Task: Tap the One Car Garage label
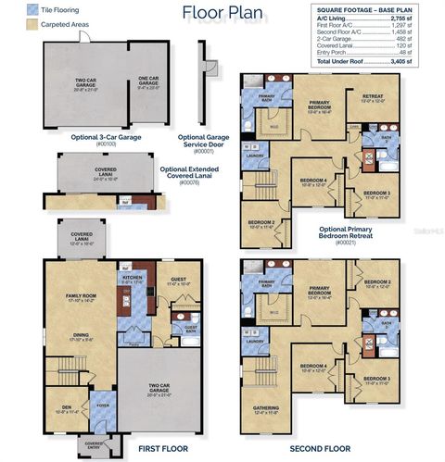click(147, 82)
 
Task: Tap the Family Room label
click(81, 296)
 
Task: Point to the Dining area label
click(81, 336)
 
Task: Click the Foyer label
click(102, 404)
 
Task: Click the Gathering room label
click(265, 410)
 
